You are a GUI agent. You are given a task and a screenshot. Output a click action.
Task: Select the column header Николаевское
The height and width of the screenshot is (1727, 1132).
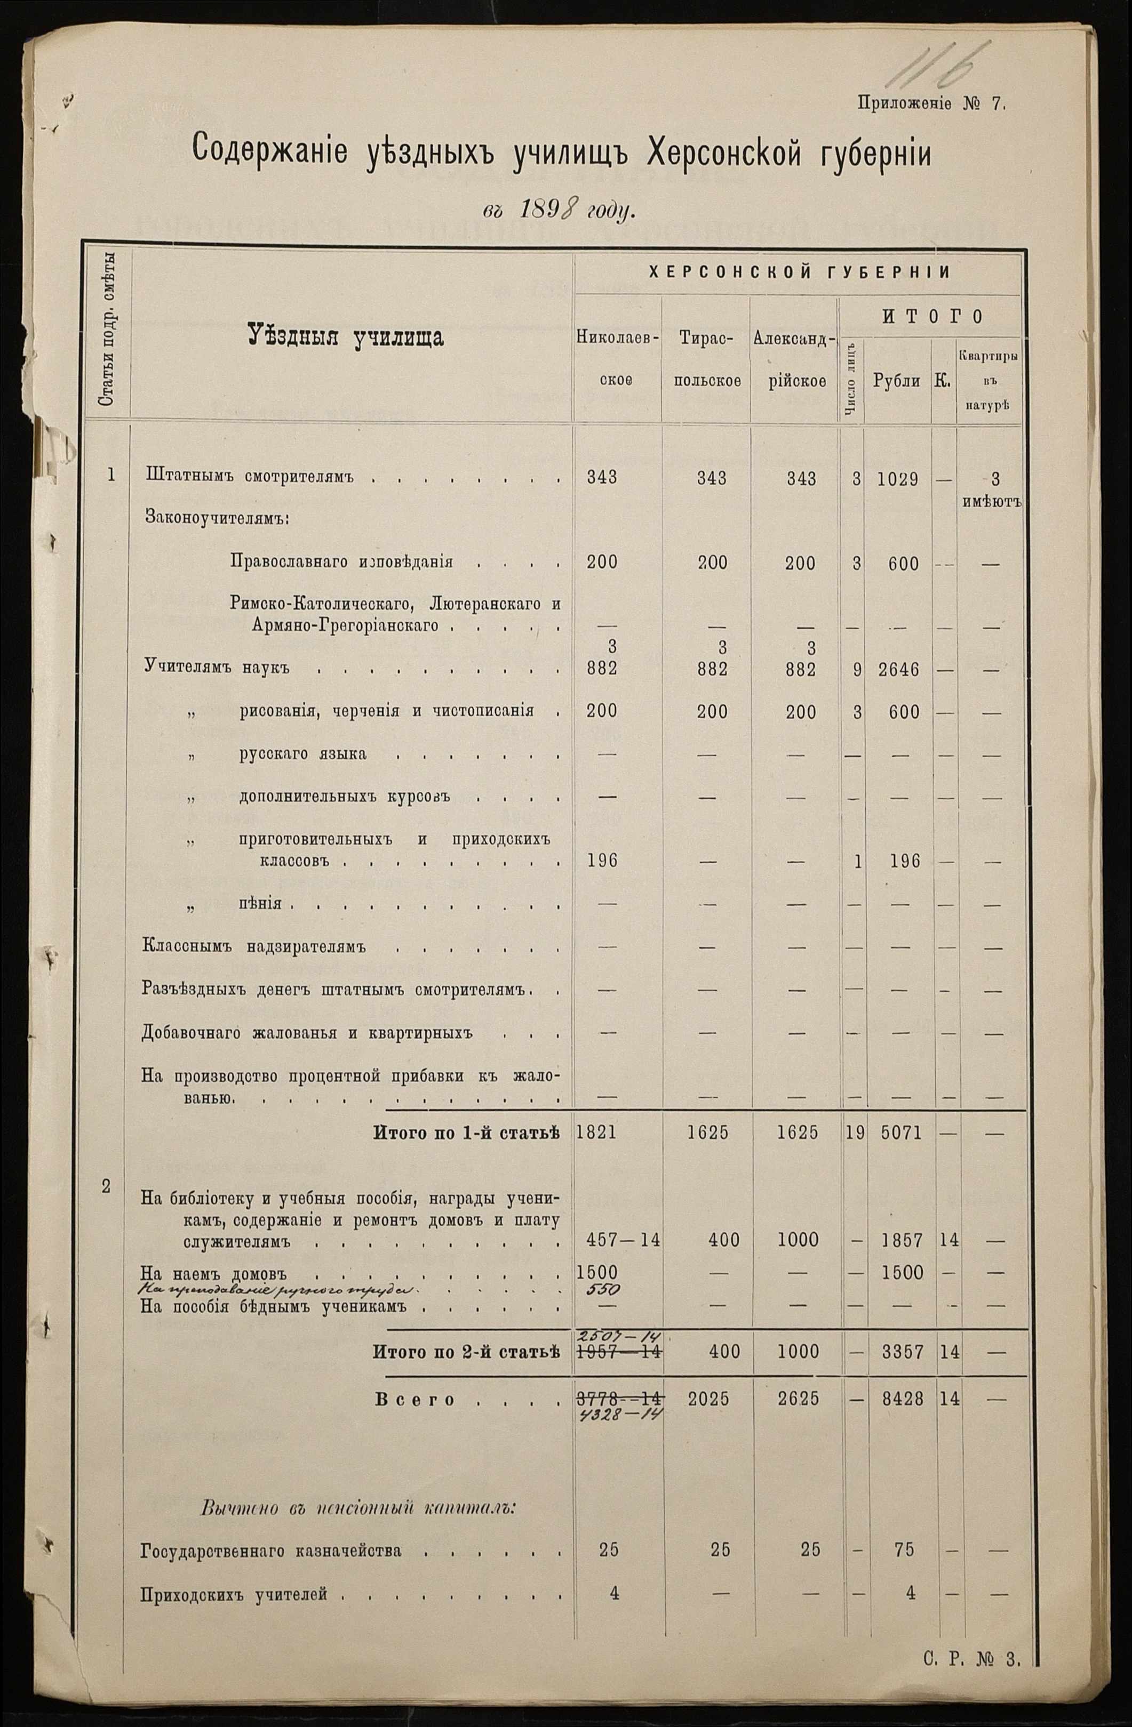tap(617, 358)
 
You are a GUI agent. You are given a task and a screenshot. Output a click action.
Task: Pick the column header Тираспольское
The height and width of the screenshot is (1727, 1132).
tap(706, 358)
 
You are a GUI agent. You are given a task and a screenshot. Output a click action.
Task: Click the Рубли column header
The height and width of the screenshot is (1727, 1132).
tap(897, 381)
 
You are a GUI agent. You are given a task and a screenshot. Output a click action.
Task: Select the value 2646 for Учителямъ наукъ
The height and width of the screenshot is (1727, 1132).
tap(897, 670)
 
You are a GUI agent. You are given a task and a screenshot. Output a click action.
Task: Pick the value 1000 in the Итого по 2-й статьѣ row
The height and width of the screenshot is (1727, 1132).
tap(798, 1351)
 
